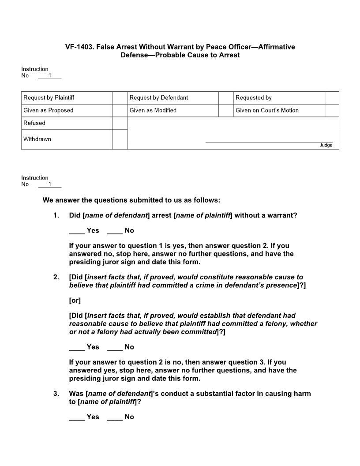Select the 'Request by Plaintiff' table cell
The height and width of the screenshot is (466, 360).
(67, 98)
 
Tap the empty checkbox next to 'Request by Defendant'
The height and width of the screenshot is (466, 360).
(225, 98)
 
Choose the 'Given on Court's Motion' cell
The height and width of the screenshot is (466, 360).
(279, 110)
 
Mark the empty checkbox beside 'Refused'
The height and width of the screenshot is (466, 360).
(120, 123)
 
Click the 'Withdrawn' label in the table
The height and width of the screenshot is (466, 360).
(37, 139)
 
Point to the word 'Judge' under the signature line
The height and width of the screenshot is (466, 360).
(326, 145)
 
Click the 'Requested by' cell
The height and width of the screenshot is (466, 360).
(279, 98)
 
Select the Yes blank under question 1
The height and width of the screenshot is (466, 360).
(77, 230)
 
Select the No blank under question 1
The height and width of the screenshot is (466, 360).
(115, 230)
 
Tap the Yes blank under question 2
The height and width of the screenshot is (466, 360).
(77, 347)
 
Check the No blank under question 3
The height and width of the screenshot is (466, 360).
(115, 417)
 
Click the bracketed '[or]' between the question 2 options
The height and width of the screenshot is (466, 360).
(75, 301)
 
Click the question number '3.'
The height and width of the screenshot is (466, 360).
(56, 394)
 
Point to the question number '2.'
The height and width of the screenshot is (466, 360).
(56, 277)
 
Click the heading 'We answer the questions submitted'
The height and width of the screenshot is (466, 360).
(131, 200)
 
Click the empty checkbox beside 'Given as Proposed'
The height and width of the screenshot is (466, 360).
(120, 110)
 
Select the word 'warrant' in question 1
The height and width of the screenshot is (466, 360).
(282, 215)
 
